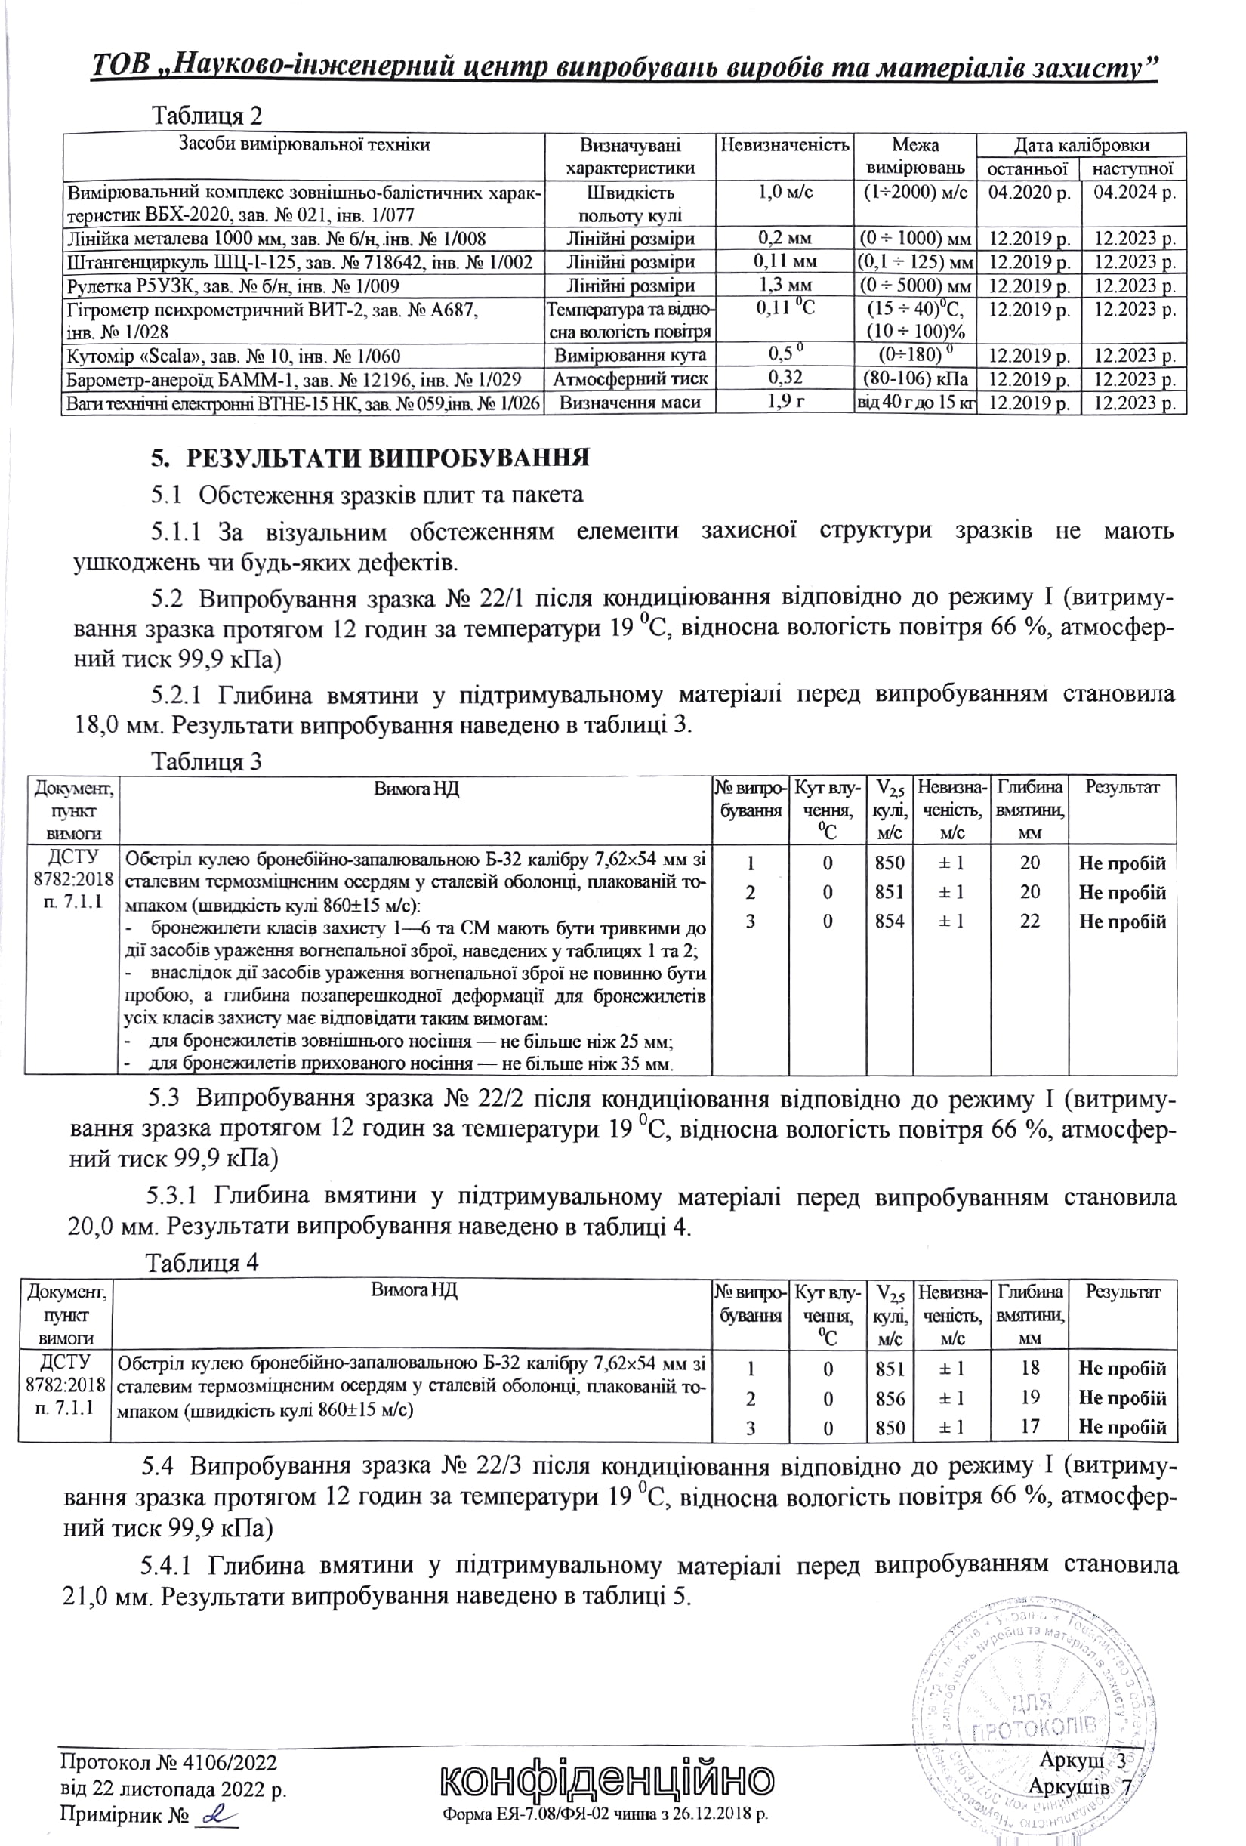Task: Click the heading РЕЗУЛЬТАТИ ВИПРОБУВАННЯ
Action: coord(370,458)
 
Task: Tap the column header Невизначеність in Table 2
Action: coord(785,145)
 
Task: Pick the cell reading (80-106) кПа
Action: coord(914,379)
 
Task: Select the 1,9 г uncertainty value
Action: coord(785,402)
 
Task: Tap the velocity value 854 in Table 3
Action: coord(890,921)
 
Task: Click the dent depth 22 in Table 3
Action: coord(1029,921)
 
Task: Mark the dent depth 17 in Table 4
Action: coord(1029,1427)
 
